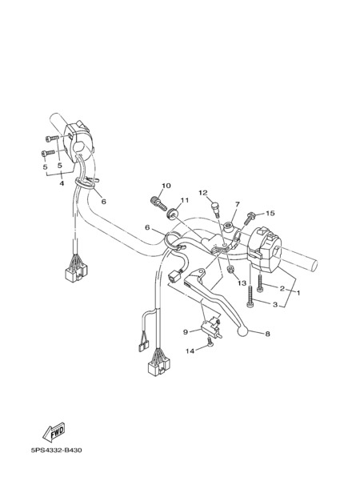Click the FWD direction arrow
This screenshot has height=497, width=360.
pyautogui.click(x=54, y=432)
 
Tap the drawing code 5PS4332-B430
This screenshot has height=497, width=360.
pyautogui.click(x=57, y=450)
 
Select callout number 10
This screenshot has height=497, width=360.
pyautogui.click(x=166, y=186)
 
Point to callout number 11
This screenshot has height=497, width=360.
pyautogui.click(x=185, y=200)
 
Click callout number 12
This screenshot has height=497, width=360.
pyautogui.click(x=203, y=193)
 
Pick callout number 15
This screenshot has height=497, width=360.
pyautogui.click(x=270, y=214)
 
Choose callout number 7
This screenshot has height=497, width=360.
pyautogui.click(x=238, y=204)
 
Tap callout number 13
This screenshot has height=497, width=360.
pyautogui.click(x=242, y=283)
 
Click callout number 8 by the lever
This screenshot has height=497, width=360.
pyautogui.click(x=267, y=334)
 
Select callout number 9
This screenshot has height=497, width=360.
pyautogui.click(x=186, y=332)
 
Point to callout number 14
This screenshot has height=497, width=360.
pyautogui.click(x=190, y=351)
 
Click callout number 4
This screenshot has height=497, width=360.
pyautogui.click(x=62, y=183)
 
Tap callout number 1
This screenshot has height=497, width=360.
pyautogui.click(x=298, y=293)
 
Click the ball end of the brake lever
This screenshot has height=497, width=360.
pyautogui.click(x=242, y=331)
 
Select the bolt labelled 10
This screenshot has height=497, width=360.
pyautogui.click(x=158, y=203)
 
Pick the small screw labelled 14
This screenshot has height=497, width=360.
pyautogui.click(x=209, y=342)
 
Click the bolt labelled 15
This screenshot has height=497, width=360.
pyautogui.click(x=250, y=218)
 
